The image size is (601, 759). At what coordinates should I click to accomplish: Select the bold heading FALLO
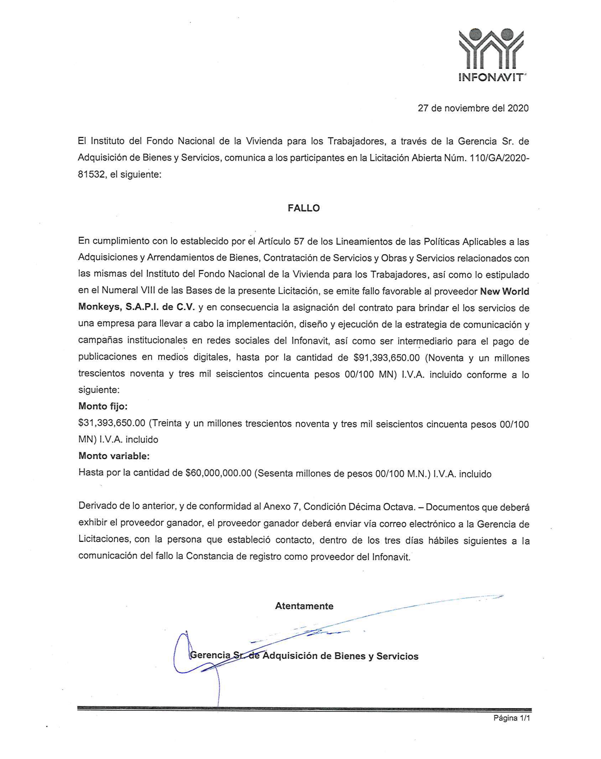tap(304, 208)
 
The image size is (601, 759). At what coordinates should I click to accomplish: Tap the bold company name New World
tap(505, 291)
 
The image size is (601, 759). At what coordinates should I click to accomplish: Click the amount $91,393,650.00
tap(386, 358)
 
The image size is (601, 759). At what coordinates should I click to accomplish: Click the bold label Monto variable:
tap(114, 456)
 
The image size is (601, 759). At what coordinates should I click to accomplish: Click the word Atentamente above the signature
tap(304, 606)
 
